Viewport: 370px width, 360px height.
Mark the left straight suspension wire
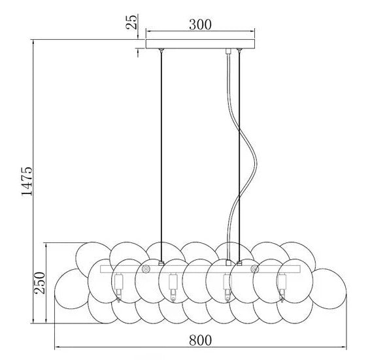tap(161, 157)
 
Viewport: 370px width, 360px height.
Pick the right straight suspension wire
tap(240, 157)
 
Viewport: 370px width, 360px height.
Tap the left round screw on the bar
tap(146, 269)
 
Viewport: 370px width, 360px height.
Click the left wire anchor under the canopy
tap(161, 52)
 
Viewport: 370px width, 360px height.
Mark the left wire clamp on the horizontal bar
tap(161, 263)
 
